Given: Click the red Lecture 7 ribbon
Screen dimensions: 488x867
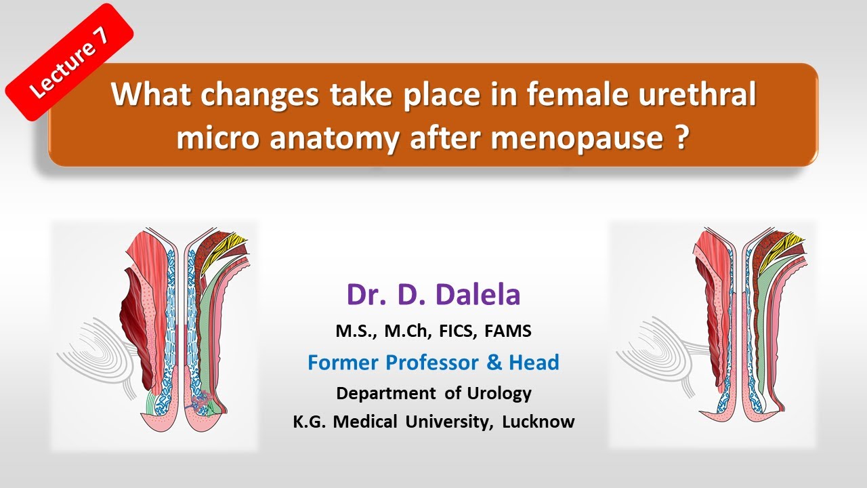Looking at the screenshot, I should point(70,62).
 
